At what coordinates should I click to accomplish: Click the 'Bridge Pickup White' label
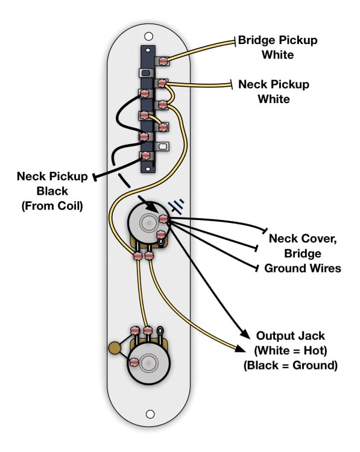click(277, 47)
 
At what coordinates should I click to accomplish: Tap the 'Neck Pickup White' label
click(273, 92)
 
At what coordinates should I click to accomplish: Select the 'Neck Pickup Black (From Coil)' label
click(52, 191)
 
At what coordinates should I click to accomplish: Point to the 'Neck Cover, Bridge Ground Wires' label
click(302, 253)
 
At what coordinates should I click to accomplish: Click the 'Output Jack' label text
click(291, 336)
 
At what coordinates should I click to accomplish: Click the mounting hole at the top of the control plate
click(148, 36)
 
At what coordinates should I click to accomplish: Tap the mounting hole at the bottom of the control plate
click(150, 414)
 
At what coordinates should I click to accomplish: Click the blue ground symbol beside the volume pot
click(176, 207)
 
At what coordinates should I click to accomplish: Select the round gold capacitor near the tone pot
click(114, 348)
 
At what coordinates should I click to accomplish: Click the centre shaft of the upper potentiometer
click(149, 223)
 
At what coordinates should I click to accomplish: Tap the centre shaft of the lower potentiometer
click(149, 363)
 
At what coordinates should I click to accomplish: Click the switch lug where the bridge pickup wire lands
click(163, 61)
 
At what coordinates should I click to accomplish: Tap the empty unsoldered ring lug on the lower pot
click(160, 330)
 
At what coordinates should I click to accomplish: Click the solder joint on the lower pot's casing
click(134, 362)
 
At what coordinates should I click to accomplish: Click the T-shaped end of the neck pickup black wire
click(94, 177)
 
